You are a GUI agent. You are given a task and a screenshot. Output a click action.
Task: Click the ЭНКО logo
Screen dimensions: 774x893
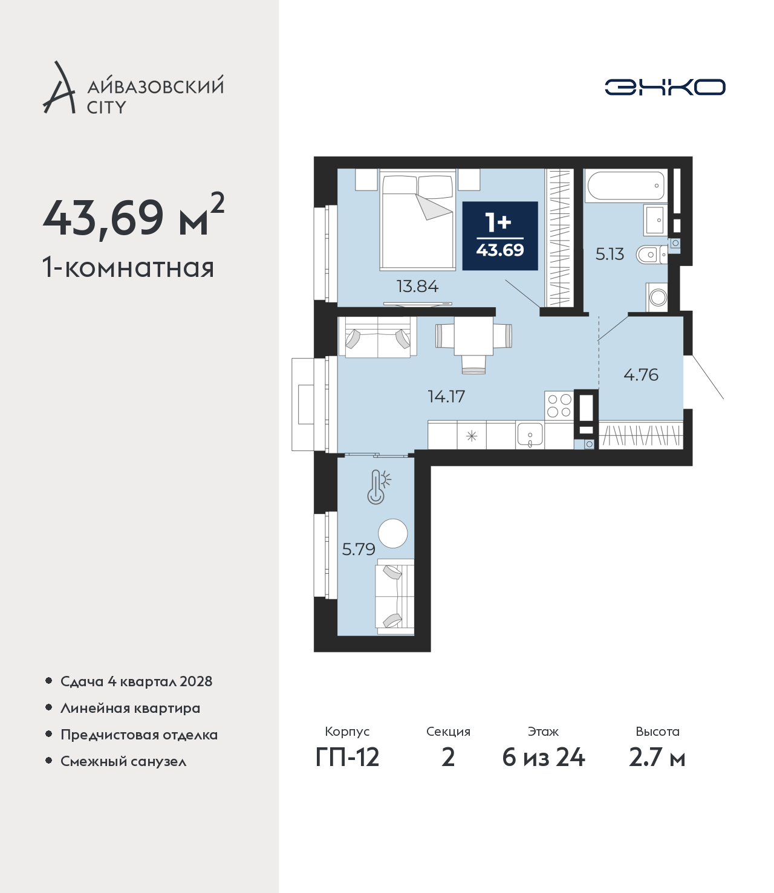pyautogui.click(x=665, y=87)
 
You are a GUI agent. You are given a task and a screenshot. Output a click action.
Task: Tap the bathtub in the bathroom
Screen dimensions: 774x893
pyautogui.click(x=626, y=186)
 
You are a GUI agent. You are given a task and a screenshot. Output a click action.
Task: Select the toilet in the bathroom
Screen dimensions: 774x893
pyautogui.click(x=651, y=255)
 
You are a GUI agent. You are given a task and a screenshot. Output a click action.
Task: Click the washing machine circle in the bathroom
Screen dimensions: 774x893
pyautogui.click(x=658, y=297)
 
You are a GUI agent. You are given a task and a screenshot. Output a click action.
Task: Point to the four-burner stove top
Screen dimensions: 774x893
pyautogui.click(x=559, y=405)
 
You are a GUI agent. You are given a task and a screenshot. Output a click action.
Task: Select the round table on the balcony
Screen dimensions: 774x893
pyautogui.click(x=393, y=533)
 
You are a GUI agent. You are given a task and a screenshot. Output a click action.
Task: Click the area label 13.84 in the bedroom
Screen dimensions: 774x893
pyautogui.click(x=417, y=286)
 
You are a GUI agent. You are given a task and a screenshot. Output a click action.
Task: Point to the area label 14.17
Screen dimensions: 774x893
pyautogui.click(x=446, y=396)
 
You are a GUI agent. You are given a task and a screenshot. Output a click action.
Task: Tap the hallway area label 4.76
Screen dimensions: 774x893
pyautogui.click(x=641, y=375)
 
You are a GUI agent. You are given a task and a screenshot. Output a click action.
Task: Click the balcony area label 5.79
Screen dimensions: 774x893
pyautogui.click(x=359, y=549)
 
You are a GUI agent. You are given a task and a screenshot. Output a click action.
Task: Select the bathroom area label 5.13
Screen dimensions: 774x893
pyautogui.click(x=610, y=254)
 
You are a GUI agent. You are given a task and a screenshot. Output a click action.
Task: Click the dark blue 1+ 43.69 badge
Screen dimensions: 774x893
pyautogui.click(x=500, y=236)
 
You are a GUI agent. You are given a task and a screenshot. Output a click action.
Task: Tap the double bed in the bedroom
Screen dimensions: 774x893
pyautogui.click(x=418, y=220)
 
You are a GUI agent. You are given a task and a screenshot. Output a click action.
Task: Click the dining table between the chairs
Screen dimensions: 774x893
pyautogui.click(x=473, y=336)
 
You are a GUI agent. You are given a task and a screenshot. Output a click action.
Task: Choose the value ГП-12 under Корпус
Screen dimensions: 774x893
pyautogui.click(x=348, y=758)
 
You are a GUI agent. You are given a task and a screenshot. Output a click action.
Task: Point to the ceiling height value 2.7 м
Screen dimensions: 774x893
pyautogui.click(x=657, y=758)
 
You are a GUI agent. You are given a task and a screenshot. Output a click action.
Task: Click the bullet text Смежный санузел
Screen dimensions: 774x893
pyautogui.click(x=123, y=761)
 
